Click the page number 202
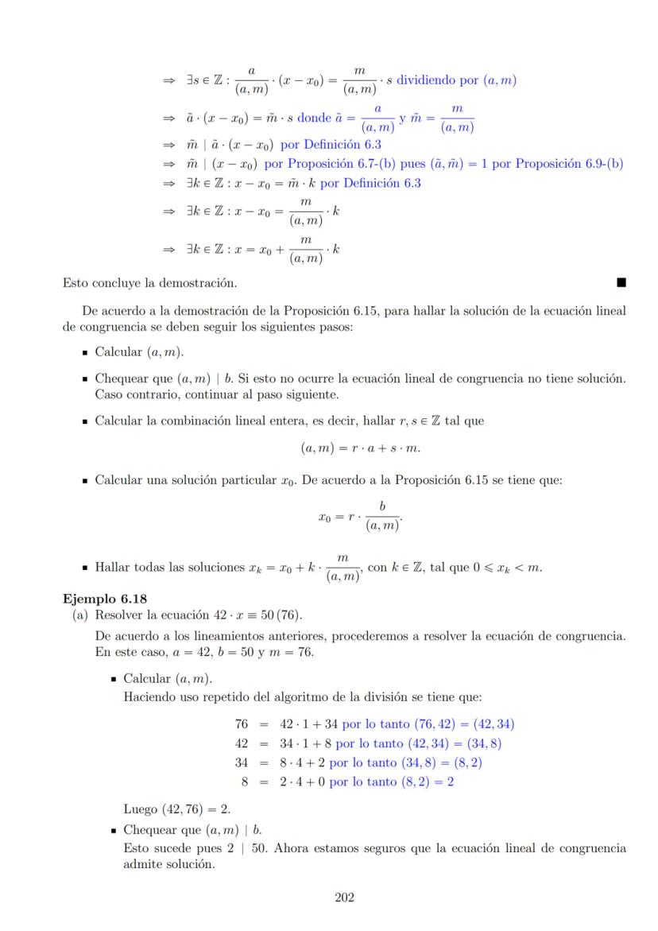pos(344,898)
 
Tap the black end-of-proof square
pos(621,281)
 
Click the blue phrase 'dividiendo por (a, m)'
pos(457,80)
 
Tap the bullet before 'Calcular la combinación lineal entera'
pos(84,421)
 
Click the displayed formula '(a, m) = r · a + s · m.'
pos(359,448)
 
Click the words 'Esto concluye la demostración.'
pos(149,281)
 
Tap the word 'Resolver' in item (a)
pos(120,615)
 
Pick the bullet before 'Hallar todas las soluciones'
pos(84,568)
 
